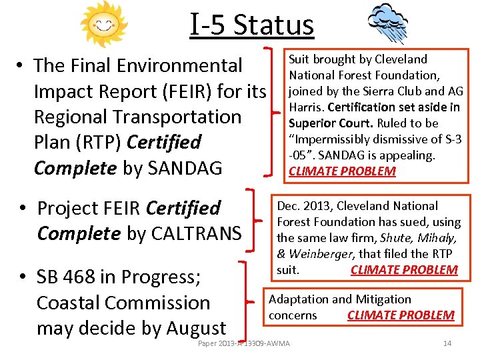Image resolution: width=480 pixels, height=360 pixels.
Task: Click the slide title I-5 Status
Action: pyautogui.click(x=251, y=25)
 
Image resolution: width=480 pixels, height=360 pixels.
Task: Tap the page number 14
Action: pyautogui.click(x=447, y=343)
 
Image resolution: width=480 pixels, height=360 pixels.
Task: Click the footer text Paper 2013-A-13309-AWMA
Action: pyautogui.click(x=244, y=343)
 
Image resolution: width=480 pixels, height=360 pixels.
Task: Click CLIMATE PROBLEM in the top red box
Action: pyautogui.click(x=342, y=171)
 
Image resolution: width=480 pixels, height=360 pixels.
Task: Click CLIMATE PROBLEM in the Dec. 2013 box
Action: pyautogui.click(x=404, y=270)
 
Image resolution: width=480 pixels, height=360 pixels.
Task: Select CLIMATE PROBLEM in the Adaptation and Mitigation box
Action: pyautogui.click(x=401, y=315)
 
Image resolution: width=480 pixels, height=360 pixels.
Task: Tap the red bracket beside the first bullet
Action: pyautogui.click(x=272, y=112)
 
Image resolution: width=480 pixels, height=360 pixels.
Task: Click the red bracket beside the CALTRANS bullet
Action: pyautogui.click(x=253, y=220)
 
